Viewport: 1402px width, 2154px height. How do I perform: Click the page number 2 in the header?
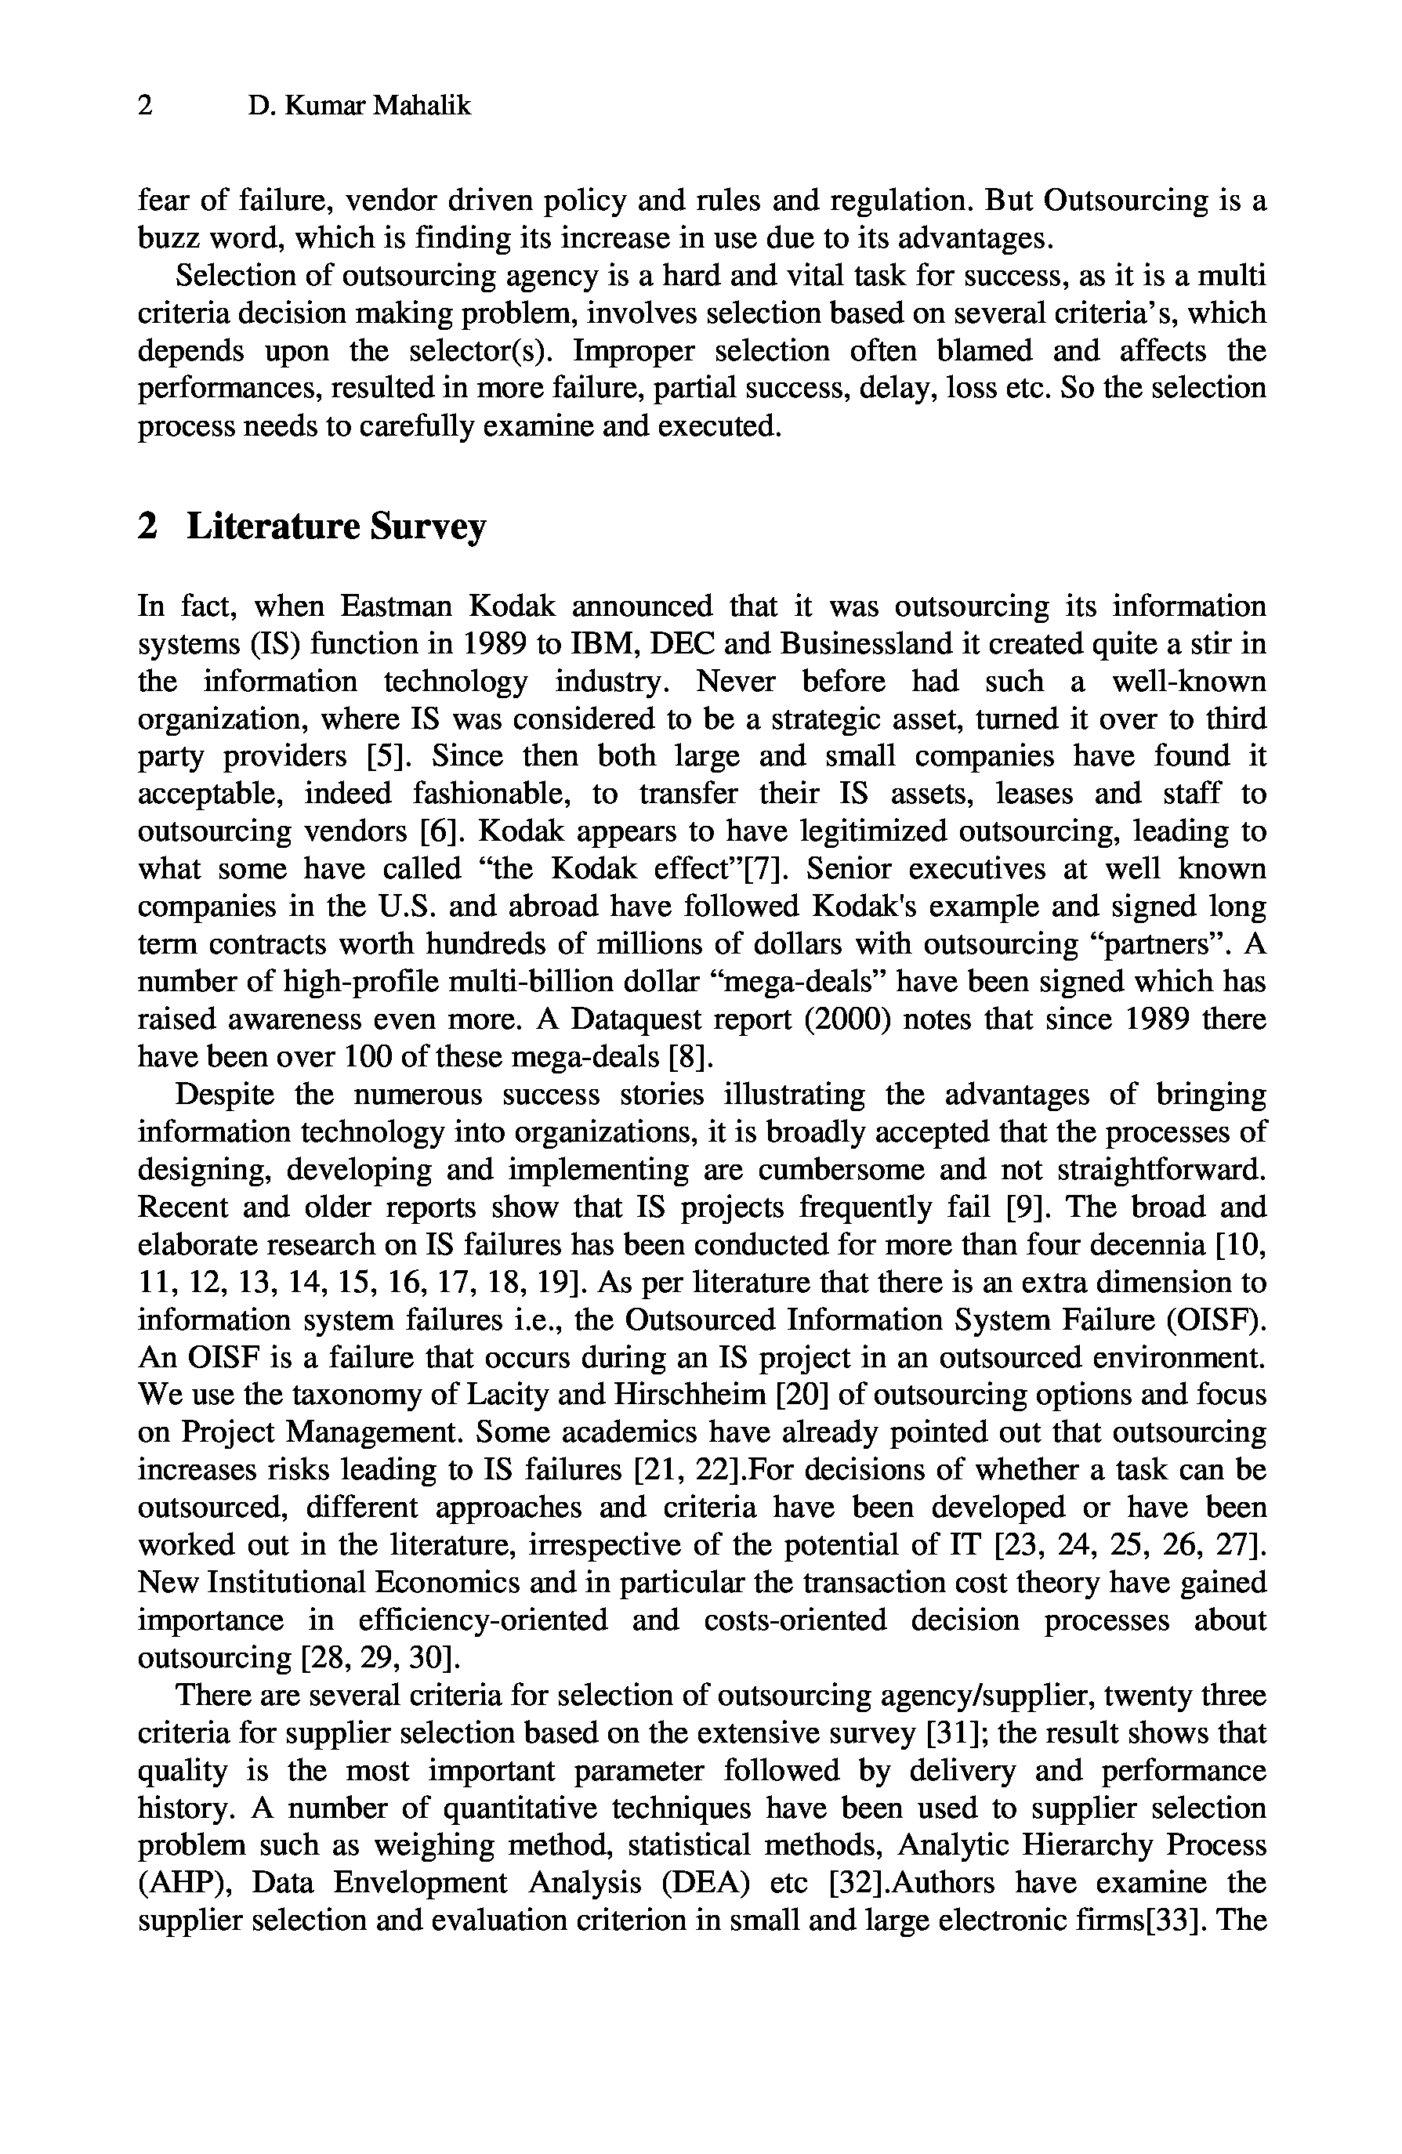click(145, 107)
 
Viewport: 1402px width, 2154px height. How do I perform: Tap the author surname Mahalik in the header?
click(422, 107)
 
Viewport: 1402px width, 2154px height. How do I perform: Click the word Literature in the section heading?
click(274, 526)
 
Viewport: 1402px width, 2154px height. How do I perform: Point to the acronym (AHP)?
click(183, 1884)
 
